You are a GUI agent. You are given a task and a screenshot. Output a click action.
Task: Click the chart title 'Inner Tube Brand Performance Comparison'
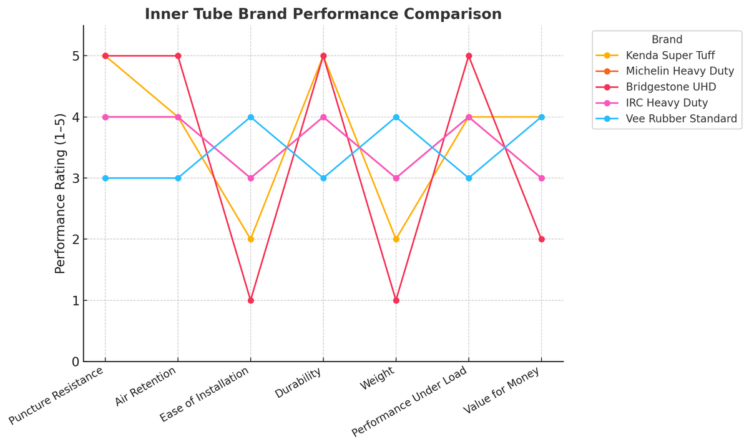323,14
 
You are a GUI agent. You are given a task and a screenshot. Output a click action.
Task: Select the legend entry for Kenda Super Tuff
670,55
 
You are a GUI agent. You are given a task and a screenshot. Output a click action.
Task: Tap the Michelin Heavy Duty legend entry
680,71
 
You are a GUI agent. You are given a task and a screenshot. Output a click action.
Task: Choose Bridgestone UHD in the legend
671,87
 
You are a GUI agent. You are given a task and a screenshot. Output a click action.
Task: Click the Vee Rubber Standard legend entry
681,119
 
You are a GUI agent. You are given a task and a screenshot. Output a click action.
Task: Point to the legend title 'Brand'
667,39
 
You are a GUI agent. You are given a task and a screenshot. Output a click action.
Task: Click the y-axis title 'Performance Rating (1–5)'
60,193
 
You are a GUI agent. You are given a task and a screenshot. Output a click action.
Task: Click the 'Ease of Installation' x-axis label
203,395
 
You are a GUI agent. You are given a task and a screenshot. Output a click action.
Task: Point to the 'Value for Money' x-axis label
502,391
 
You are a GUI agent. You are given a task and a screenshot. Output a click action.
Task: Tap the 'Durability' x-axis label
298,383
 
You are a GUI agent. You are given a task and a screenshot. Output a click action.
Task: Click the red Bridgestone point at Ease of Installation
250,300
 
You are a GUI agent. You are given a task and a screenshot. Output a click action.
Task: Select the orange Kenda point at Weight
396,239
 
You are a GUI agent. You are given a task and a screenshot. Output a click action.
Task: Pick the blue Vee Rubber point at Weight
396,117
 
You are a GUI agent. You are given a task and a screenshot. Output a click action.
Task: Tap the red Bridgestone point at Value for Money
541,239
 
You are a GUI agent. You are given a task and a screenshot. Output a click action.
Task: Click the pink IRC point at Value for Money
541,178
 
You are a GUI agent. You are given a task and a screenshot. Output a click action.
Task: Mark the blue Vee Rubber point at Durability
323,178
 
